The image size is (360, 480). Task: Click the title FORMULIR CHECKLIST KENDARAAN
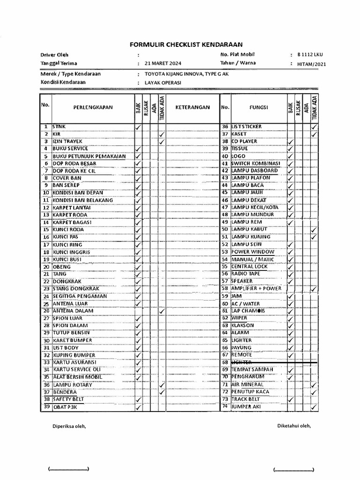186,45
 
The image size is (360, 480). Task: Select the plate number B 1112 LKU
310,55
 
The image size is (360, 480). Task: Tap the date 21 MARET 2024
163,63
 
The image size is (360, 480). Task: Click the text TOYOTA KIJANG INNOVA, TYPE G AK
187,74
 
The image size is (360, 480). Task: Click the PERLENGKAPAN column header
93,107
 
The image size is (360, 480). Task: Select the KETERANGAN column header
192,107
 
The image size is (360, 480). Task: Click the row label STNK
60,127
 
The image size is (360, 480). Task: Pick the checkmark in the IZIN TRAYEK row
162,141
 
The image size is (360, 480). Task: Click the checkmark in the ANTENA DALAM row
162,311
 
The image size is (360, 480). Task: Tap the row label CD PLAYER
244,141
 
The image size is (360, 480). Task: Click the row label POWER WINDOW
253,252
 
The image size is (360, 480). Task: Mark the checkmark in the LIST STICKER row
314,127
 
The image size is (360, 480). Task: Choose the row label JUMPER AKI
247,406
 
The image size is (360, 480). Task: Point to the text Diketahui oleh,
294,426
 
